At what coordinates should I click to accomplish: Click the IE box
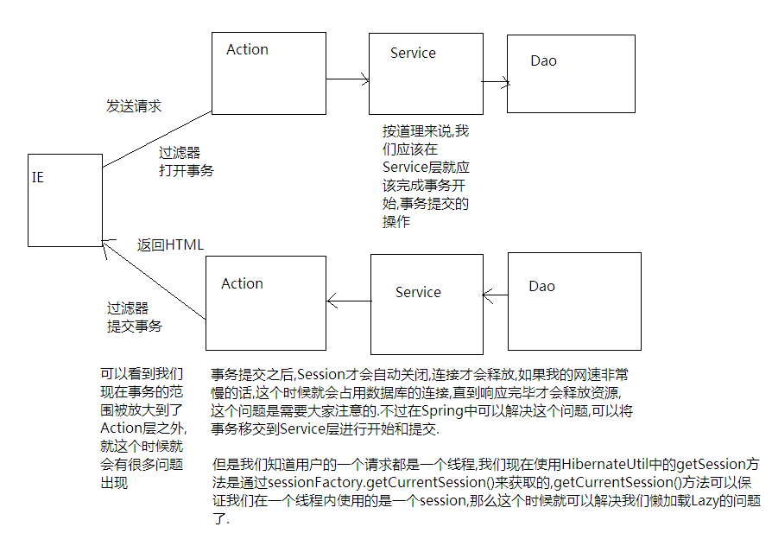coord(64,200)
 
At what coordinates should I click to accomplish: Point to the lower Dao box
coord(573,299)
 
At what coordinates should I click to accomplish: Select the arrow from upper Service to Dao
coord(494,83)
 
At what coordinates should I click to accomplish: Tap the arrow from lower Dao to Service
coord(496,296)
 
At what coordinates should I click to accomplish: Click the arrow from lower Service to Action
coord(349,301)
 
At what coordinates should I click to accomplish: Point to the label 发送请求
coord(134,106)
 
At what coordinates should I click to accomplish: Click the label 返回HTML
coord(170,244)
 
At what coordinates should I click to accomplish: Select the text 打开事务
coord(186,170)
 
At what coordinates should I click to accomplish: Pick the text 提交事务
coord(134,326)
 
